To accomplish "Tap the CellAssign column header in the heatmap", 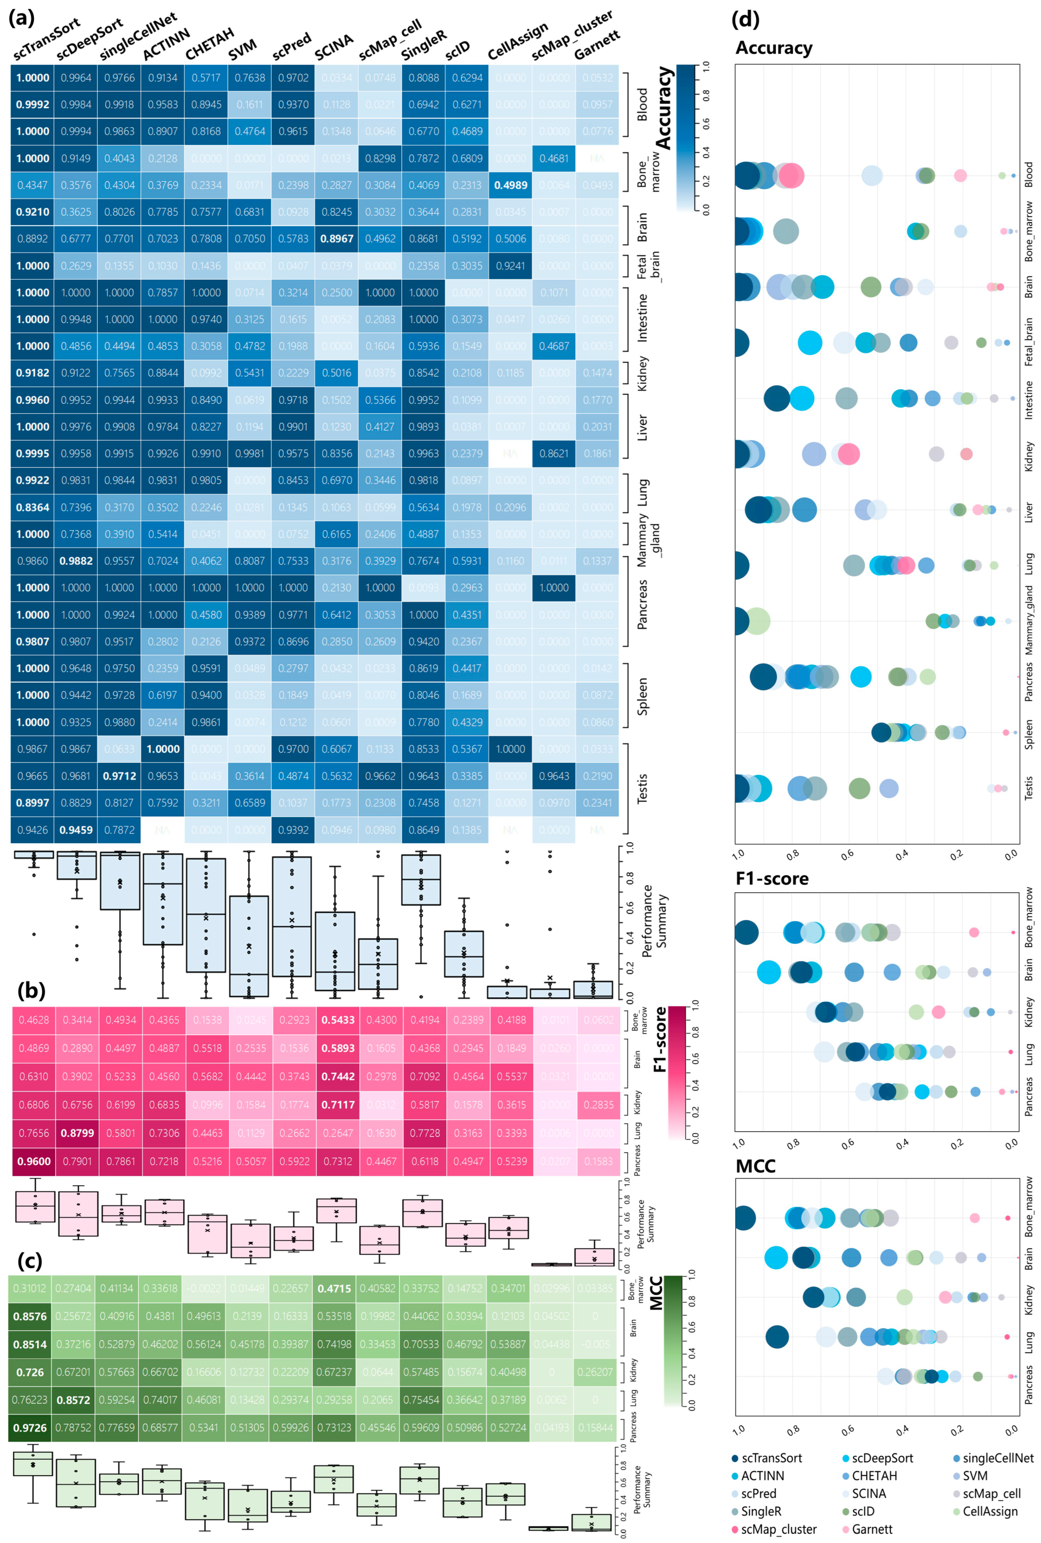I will point(518,41).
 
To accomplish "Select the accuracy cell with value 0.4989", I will point(511,185).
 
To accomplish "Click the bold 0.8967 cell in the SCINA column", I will point(337,239).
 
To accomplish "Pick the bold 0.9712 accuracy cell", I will point(119,776).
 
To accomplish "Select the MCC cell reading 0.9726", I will point(30,1427).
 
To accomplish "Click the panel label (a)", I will point(21,18).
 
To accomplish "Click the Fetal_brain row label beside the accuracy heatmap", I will point(647,266).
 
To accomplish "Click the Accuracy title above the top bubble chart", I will point(774,48).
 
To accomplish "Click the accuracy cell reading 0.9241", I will point(511,266).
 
